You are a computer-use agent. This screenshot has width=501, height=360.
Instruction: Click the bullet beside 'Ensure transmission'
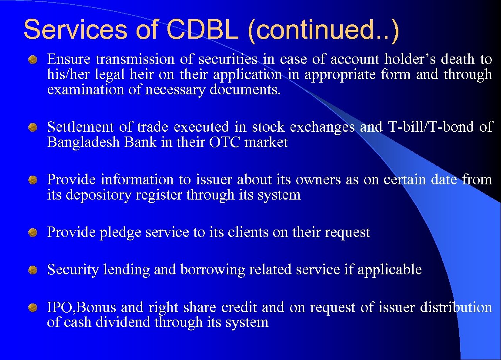click(33, 59)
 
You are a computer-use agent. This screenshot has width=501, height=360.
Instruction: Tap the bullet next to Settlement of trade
click(33, 127)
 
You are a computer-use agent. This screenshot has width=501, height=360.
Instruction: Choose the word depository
click(98, 195)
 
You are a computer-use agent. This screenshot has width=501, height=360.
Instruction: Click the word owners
click(321, 180)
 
